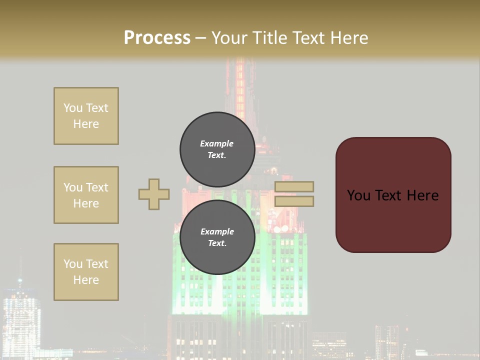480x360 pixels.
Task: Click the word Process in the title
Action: (x=157, y=38)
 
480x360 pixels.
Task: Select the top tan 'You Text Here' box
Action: (x=86, y=116)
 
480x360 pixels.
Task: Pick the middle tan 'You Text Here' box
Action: (x=86, y=195)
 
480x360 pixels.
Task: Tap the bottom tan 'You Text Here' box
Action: (x=86, y=272)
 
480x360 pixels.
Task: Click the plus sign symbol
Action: (x=154, y=194)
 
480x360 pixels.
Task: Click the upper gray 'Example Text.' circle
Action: (x=217, y=149)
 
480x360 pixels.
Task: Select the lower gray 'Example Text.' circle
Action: (x=217, y=237)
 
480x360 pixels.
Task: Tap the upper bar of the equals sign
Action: (x=294, y=187)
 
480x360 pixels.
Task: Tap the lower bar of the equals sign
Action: (x=294, y=201)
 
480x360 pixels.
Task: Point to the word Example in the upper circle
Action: (x=217, y=143)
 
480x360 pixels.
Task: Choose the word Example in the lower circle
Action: (x=217, y=231)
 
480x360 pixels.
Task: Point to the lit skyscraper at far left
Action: (x=21, y=315)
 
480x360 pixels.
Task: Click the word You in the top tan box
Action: (x=72, y=108)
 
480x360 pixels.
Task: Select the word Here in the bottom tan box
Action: (x=86, y=280)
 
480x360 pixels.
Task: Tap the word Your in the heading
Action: (x=230, y=38)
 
